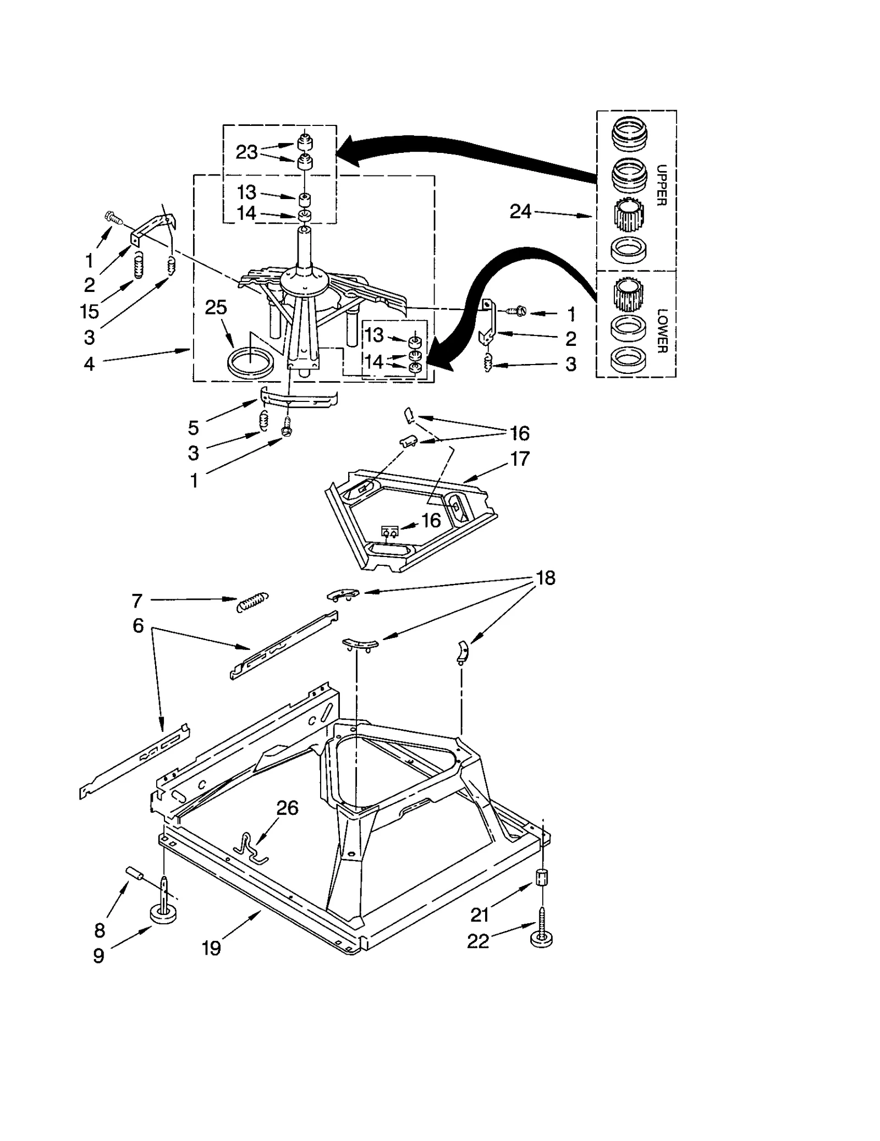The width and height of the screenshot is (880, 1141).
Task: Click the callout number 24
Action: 520,212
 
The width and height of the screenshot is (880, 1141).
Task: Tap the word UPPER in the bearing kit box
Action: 662,185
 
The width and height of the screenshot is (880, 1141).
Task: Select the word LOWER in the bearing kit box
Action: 662,330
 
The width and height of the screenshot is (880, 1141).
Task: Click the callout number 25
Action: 216,307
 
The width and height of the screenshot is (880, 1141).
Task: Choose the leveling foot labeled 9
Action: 164,913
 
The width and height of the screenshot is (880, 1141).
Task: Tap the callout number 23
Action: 246,152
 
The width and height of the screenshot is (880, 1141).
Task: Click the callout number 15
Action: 89,311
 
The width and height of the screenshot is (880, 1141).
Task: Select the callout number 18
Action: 545,578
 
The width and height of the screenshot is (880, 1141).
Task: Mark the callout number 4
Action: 89,363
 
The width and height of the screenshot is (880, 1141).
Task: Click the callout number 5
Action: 193,427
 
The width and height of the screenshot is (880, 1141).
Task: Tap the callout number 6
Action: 138,625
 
